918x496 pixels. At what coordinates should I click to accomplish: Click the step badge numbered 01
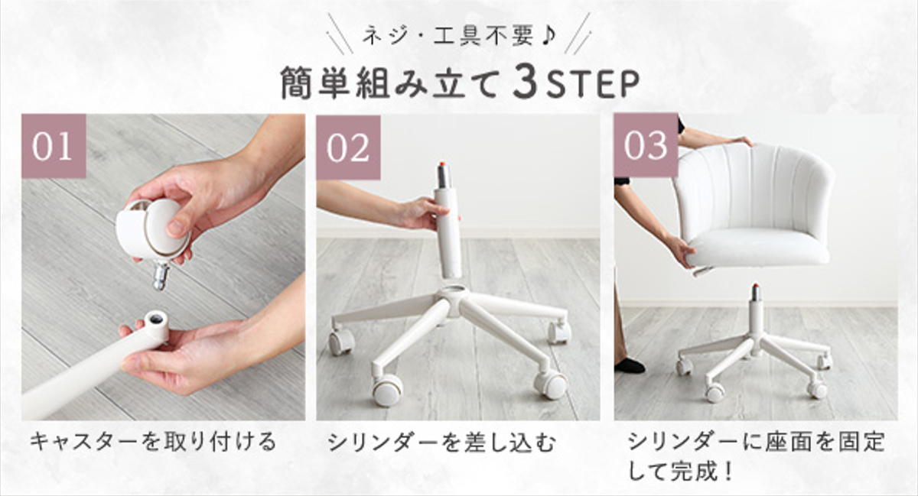tap(54, 146)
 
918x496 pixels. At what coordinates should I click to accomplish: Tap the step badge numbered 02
tap(348, 148)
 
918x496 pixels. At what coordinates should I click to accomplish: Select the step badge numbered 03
tap(646, 145)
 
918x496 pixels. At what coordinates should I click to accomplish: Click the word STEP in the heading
tap(592, 84)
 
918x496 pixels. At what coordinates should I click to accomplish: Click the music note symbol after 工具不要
tap(547, 37)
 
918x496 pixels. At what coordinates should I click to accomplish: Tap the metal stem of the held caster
tap(161, 276)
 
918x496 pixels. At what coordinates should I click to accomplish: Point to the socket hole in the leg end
tap(156, 318)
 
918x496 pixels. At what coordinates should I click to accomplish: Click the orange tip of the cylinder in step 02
tap(443, 165)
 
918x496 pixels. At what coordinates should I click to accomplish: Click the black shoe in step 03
tap(630, 366)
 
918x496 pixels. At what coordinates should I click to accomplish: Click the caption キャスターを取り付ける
tap(152, 443)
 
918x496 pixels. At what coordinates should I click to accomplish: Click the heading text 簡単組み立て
tap(392, 84)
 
